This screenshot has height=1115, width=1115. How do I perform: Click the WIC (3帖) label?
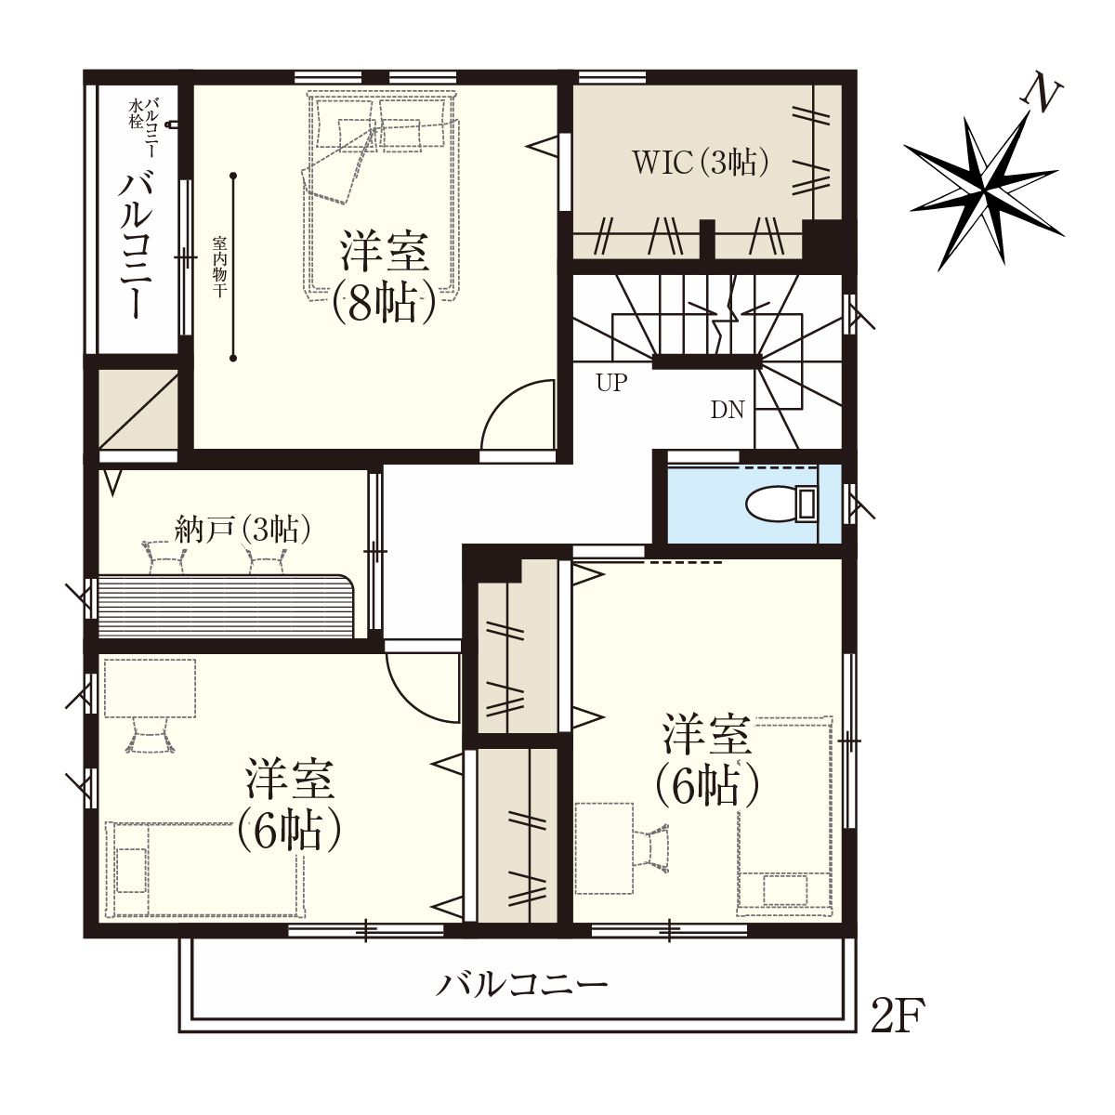(701, 163)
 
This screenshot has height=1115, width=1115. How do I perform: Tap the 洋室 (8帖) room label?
(384, 277)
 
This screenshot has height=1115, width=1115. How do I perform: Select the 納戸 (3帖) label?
(243, 529)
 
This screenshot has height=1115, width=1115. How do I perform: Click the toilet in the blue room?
(781, 504)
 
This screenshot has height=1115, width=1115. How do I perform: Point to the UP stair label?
(611, 383)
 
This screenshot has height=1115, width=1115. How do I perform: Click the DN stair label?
(728, 411)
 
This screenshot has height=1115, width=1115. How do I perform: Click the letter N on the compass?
(1043, 96)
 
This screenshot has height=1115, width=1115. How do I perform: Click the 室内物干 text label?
(218, 266)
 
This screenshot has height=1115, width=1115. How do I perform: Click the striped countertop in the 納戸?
(226, 607)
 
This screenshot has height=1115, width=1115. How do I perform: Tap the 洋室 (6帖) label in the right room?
(706, 761)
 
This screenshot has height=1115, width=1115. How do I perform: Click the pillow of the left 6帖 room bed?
(131, 871)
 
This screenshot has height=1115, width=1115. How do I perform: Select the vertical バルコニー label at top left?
(137, 243)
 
